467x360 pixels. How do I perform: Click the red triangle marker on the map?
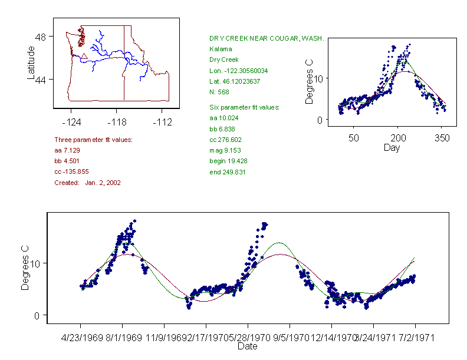(84, 57)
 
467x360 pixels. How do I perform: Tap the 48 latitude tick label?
(41, 37)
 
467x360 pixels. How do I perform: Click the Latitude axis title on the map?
(31, 63)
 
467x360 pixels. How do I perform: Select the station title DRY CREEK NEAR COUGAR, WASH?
(267, 38)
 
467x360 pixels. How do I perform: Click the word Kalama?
(221, 49)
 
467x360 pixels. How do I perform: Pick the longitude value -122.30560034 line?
(239, 71)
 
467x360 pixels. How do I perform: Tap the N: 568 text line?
(219, 92)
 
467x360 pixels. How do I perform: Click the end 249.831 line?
(228, 172)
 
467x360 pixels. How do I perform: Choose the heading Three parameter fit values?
(93, 140)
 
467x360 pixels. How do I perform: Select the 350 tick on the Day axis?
(442, 138)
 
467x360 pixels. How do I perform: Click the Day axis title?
(392, 147)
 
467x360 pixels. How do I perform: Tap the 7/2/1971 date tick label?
(415, 339)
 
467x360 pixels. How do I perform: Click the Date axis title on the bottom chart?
(247, 346)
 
